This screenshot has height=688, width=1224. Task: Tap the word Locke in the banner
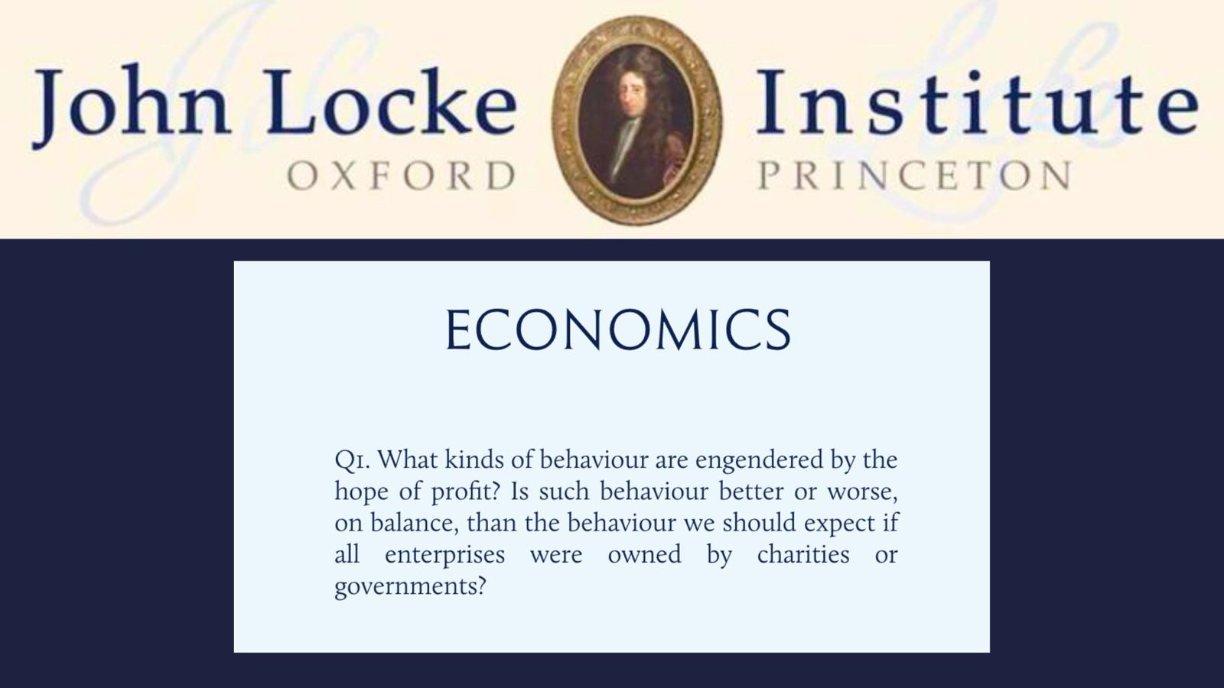click(x=392, y=102)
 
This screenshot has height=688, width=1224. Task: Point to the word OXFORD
click(x=401, y=176)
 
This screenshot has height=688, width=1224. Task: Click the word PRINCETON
click(x=913, y=176)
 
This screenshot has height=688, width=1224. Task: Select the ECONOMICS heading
click(x=618, y=329)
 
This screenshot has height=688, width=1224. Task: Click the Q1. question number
click(x=353, y=460)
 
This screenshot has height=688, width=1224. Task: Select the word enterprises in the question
click(x=444, y=555)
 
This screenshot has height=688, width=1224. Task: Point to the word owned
click(x=644, y=555)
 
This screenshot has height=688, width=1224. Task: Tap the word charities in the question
click(x=803, y=554)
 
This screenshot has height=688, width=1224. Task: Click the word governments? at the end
click(x=410, y=587)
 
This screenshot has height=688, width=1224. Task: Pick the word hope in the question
click(x=360, y=492)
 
